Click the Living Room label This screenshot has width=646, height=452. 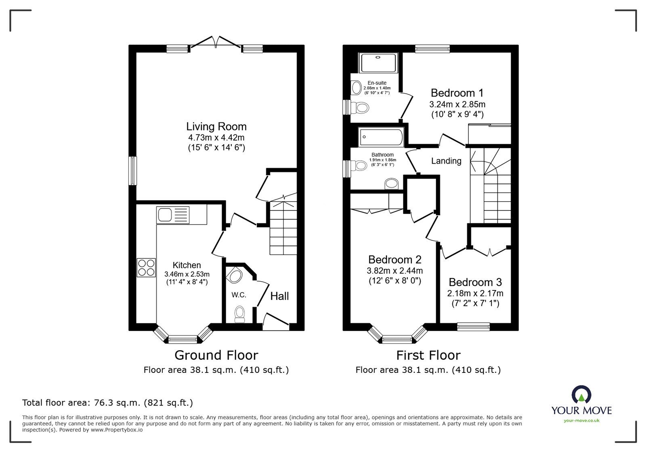[216, 126]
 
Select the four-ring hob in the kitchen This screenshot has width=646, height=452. [146, 267]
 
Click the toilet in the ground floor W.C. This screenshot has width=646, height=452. [240, 314]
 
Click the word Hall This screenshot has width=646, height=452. [279, 296]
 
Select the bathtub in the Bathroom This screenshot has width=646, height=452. [381, 137]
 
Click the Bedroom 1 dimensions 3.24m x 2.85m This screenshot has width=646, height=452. [457, 104]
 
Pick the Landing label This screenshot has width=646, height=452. [446, 161]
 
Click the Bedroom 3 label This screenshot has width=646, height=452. [476, 282]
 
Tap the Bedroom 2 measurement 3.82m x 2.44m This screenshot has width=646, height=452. [394, 270]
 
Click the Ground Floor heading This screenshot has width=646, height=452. [216, 355]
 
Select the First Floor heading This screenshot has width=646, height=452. [428, 355]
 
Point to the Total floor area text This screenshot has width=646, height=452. [107, 402]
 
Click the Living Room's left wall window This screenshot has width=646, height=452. [133, 171]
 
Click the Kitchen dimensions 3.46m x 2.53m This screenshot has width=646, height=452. [187, 274]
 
